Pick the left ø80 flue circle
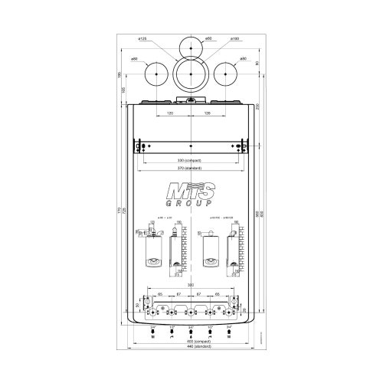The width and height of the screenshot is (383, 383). (x=155, y=74)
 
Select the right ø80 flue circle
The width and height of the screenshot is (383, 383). (x=225, y=74)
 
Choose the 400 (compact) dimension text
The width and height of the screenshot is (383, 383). (x=190, y=342)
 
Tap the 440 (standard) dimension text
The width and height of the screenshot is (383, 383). (x=190, y=349)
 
